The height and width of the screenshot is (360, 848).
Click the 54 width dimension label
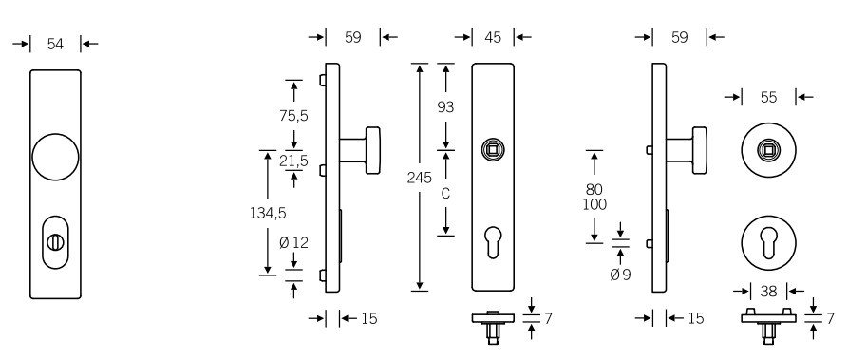tap(55, 44)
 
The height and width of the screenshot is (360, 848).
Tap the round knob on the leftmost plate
tap(55, 157)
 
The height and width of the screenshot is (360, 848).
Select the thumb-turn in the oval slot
tap(55, 242)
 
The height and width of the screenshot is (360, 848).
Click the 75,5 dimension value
tap(293, 115)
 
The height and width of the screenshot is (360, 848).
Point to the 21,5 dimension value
tap(293, 161)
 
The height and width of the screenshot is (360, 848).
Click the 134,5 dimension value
tap(268, 214)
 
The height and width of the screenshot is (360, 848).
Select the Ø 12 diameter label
tap(293, 243)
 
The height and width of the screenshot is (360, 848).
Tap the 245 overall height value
tap(420, 178)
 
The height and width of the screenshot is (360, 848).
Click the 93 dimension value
tap(445, 107)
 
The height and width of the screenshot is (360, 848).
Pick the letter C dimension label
tap(445, 193)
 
